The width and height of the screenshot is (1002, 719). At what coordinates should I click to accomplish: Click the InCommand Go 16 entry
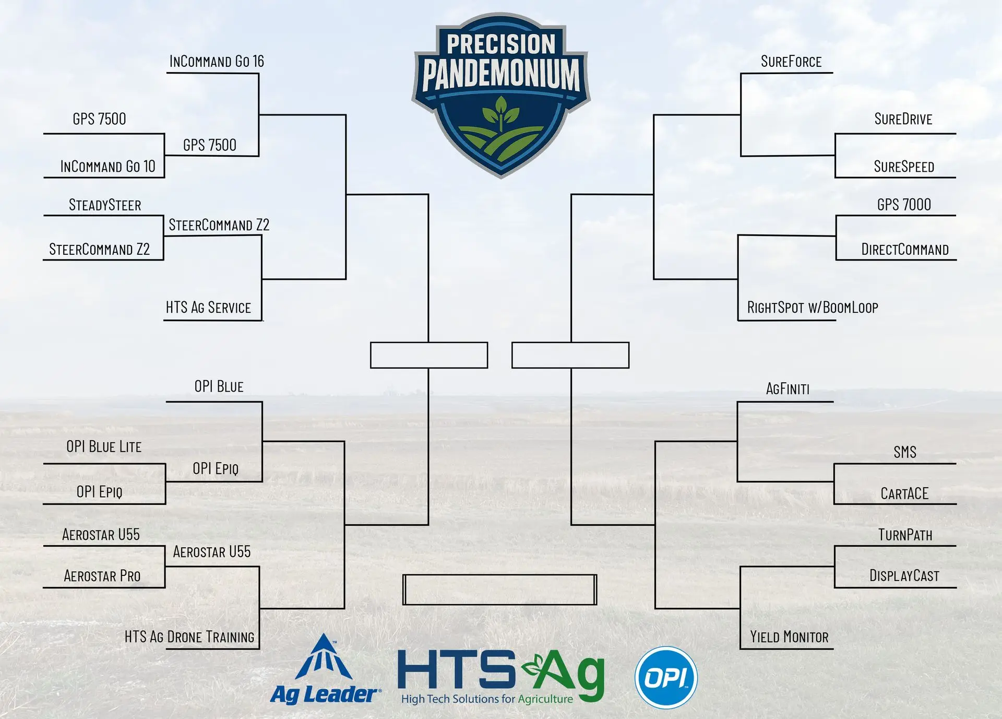(x=217, y=62)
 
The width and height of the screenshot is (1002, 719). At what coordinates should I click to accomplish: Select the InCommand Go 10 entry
(x=108, y=167)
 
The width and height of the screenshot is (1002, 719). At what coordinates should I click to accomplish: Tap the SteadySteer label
(x=105, y=205)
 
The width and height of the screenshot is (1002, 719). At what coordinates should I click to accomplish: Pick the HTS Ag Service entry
(x=208, y=308)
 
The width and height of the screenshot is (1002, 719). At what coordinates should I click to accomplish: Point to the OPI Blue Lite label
(x=104, y=446)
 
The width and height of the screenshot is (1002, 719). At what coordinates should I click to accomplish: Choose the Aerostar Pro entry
(x=102, y=576)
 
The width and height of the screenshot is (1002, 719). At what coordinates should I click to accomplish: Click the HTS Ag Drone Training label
(x=189, y=637)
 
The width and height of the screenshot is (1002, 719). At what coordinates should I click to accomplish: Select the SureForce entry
(x=791, y=62)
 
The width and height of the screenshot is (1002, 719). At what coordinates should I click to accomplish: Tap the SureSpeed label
(x=904, y=167)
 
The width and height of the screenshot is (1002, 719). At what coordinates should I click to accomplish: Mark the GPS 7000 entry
(x=904, y=205)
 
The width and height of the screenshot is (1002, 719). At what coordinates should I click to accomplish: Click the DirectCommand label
(x=905, y=250)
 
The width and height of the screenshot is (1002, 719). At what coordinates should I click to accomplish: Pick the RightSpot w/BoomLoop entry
(x=813, y=308)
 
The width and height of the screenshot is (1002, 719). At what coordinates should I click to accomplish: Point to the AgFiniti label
(x=788, y=389)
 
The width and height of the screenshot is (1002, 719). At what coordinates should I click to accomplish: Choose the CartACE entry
(x=904, y=494)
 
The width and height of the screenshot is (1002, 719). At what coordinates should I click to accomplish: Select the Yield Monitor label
(x=789, y=637)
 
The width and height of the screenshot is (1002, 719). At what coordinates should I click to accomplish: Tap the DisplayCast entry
(x=904, y=576)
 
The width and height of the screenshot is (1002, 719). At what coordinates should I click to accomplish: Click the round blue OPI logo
(x=666, y=678)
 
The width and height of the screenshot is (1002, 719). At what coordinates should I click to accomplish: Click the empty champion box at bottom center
(x=499, y=590)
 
